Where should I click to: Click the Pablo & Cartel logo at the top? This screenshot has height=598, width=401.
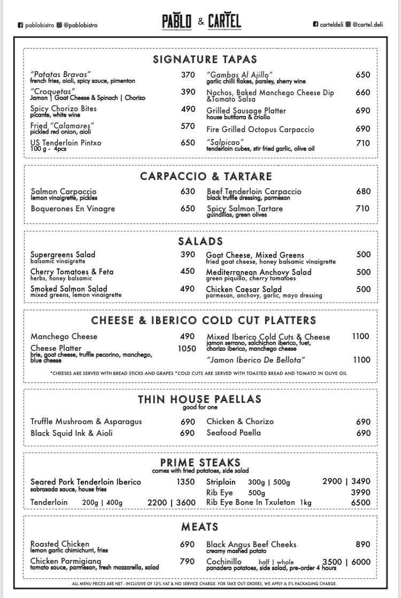click(x=201, y=21)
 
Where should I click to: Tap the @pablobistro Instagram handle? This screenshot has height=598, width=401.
click(x=80, y=25)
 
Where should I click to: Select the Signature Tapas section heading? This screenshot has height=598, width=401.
click(x=205, y=59)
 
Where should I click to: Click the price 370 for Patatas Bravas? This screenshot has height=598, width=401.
click(x=188, y=75)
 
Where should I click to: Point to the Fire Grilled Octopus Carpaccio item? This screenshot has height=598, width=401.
click(x=260, y=129)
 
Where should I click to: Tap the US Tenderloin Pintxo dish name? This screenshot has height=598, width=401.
click(x=66, y=143)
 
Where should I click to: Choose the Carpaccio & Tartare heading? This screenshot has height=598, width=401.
click(x=206, y=177)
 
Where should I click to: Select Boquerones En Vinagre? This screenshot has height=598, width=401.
click(x=73, y=209)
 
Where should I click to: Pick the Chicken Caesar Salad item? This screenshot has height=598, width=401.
click(x=244, y=289)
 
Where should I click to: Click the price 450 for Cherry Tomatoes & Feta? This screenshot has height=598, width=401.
click(x=188, y=271)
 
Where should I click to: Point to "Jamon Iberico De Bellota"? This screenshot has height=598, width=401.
click(x=256, y=360)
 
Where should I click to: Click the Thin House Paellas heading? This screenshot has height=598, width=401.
click(x=199, y=399)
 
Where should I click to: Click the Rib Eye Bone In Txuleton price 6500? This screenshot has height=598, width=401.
click(x=360, y=502)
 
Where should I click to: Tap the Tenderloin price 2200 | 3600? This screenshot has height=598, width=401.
click(x=171, y=502)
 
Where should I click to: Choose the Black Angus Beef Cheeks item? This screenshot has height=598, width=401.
click(x=251, y=545)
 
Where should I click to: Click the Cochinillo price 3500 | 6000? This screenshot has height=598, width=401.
click(x=346, y=562)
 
